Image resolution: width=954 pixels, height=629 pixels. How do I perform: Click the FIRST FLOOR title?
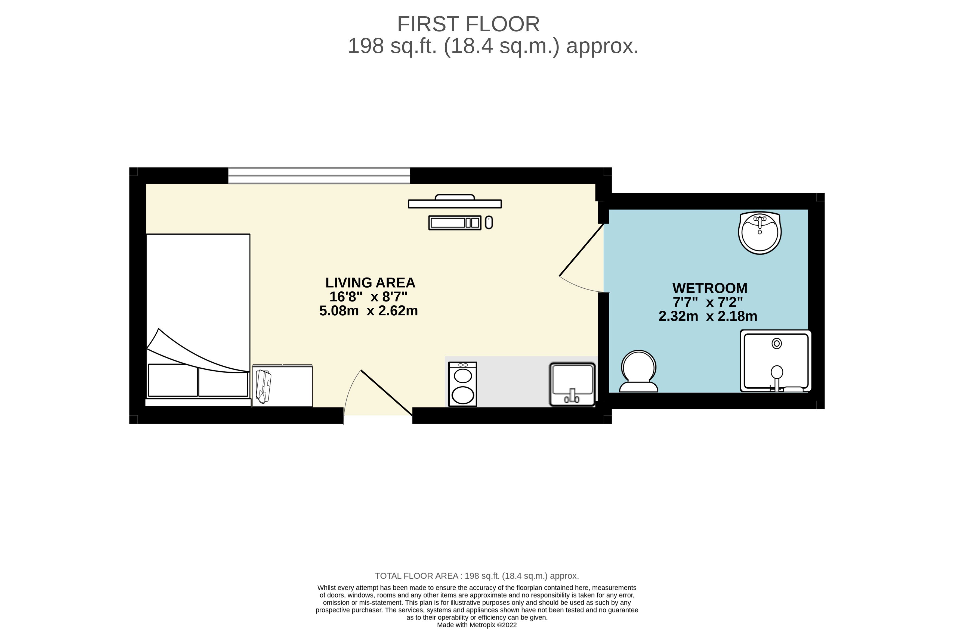[468, 24]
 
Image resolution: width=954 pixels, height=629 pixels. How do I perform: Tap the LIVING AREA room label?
[370, 283]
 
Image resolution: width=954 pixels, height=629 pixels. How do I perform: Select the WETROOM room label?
[709, 288]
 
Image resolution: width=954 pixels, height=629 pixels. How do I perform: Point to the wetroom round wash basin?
[760, 233]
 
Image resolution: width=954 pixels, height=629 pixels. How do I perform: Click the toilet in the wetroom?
[638, 371]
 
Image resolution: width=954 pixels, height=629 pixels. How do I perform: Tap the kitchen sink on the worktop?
[572, 384]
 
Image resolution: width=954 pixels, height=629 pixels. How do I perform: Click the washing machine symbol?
[462, 384]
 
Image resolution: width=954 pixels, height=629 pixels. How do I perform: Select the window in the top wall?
[319, 176]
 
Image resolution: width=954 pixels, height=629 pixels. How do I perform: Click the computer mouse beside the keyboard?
[489, 222]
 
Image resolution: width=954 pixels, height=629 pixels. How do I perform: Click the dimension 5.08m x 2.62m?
[368, 311]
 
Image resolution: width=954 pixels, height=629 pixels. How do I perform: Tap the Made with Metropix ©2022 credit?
[477, 625]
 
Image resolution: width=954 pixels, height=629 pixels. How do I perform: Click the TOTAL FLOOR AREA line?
[477, 576]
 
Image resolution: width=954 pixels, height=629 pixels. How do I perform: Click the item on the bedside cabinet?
[263, 386]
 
